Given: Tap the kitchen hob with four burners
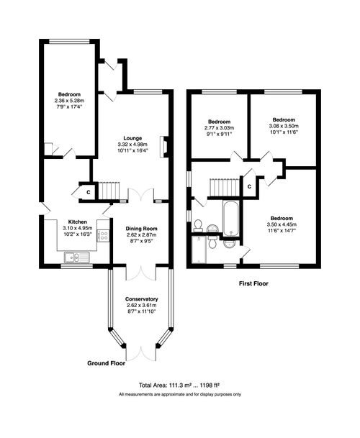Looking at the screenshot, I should [x=103, y=235].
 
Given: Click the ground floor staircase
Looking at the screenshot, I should [x=108, y=191].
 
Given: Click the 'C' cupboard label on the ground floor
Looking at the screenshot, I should [x=89, y=192].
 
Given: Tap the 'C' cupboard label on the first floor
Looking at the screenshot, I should [x=248, y=187].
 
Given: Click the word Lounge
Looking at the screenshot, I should [x=132, y=138].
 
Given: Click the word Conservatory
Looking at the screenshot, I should [x=141, y=298].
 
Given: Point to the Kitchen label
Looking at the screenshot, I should [x=78, y=222].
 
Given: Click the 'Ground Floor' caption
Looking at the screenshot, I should [x=106, y=364].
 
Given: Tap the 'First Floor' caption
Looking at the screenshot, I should [x=253, y=284].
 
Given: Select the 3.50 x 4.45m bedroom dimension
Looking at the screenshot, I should [x=282, y=224].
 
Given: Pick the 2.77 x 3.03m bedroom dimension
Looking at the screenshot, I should [x=218, y=127].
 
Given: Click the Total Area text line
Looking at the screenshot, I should [x=180, y=385].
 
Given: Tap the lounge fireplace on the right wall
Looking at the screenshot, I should [x=165, y=147].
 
